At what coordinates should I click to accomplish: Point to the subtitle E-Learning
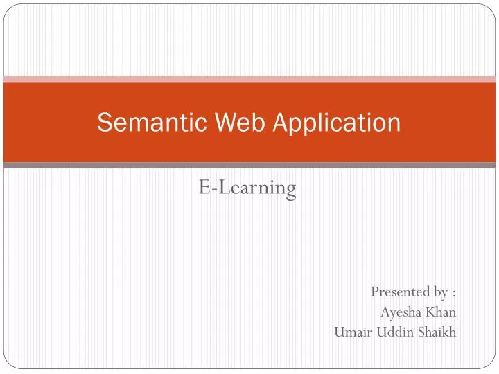click(247, 187)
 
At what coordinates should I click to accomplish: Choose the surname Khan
click(441, 312)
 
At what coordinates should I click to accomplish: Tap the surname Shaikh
click(436, 332)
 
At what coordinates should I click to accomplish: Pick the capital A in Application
click(281, 123)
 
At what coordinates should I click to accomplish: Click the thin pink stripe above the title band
click(249, 80)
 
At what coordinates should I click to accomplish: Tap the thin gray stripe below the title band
click(249, 165)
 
